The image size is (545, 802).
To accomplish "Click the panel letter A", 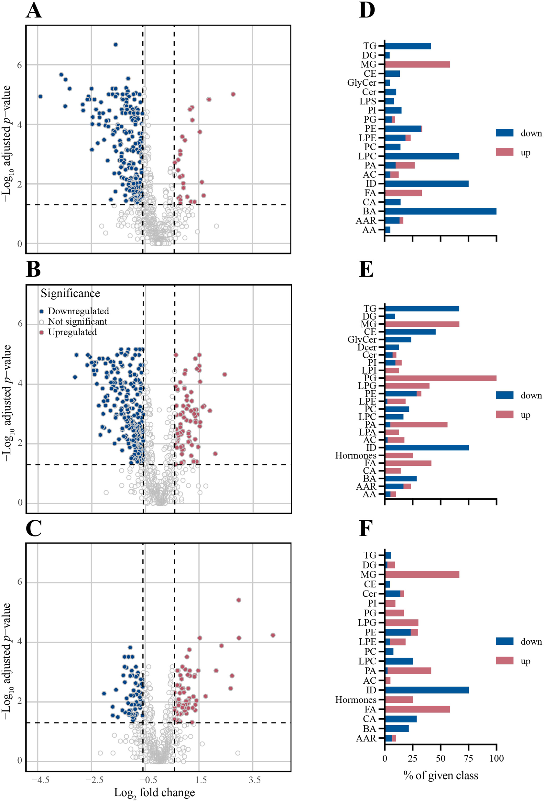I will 34,11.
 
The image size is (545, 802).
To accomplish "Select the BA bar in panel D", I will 440,211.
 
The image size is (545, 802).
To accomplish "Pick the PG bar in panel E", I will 440,378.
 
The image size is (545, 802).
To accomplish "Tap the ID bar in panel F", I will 426,690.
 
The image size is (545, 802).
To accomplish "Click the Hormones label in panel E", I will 355,456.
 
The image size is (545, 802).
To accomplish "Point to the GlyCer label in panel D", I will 361,83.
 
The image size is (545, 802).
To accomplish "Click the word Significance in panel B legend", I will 71,293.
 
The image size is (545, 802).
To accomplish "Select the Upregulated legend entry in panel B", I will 72,332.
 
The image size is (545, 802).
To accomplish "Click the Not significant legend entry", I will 77,322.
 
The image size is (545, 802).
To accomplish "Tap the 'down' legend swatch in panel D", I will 504,133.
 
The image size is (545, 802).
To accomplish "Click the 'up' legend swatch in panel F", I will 504,660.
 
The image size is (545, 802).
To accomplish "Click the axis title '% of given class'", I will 441,775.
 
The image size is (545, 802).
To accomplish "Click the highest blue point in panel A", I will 115,45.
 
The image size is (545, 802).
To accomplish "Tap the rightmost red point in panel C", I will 273,635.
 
